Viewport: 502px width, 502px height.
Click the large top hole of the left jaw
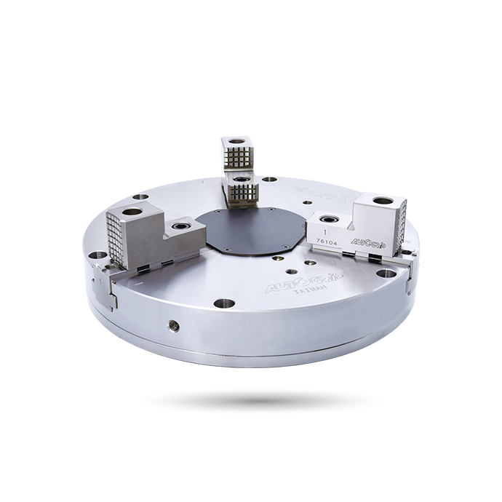click(x=132, y=212)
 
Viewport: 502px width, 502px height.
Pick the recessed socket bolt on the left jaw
click(x=179, y=231)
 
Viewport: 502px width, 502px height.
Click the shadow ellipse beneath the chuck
click(x=260, y=400)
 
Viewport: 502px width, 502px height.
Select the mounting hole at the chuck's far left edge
click(x=97, y=256)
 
